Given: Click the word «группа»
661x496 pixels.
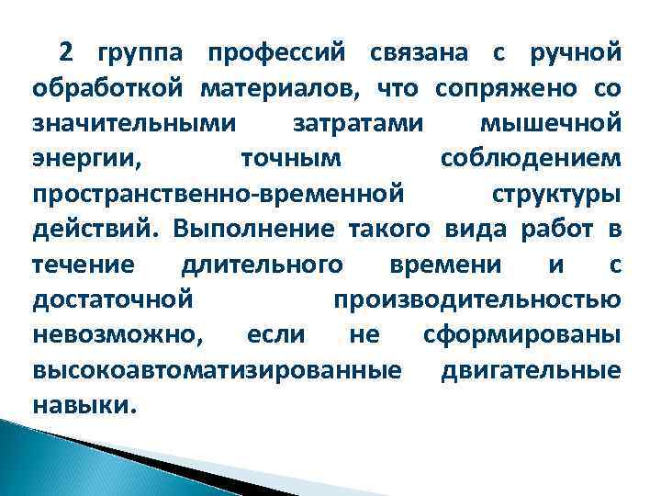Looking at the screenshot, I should pos(138,55).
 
